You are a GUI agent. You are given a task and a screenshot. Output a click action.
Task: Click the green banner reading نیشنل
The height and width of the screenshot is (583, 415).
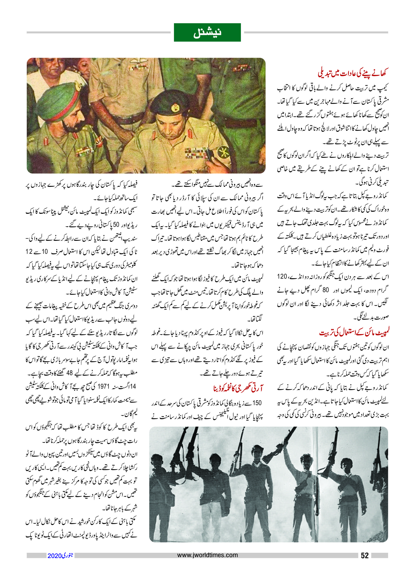(x=207, y=33)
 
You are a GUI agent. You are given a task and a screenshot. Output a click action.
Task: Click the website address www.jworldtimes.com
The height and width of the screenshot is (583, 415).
(x=207, y=555)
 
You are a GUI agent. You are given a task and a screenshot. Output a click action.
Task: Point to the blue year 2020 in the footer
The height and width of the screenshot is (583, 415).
(x=54, y=556)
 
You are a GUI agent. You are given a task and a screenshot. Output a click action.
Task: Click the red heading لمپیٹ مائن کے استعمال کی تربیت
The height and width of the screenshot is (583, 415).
(x=354, y=333)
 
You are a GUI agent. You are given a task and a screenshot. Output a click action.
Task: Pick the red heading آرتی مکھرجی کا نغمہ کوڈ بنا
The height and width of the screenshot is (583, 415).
(x=238, y=388)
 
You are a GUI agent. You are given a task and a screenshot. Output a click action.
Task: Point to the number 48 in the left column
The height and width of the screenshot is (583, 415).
(x=70, y=373)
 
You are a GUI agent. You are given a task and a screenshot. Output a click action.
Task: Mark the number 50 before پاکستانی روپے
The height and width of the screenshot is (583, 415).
(x=116, y=225)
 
